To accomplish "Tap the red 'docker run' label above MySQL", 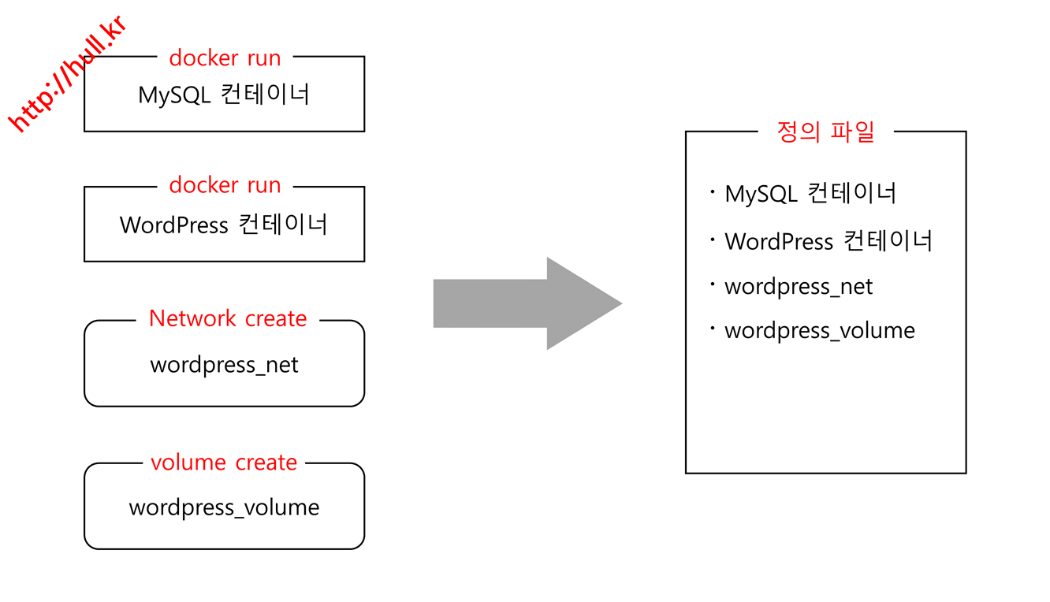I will [225, 58].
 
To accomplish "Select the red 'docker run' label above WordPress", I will [225, 185].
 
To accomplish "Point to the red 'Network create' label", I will [228, 318].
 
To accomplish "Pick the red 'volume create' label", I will [224, 463].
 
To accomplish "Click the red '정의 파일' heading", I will [825, 132].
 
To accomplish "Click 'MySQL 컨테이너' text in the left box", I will [224, 95].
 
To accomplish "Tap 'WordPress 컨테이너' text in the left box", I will [224, 225].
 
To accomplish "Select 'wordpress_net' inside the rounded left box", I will [224, 365].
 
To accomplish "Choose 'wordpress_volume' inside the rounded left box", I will [224, 507].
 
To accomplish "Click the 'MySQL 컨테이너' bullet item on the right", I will [810, 193].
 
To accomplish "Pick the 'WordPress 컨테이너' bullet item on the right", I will [828, 240].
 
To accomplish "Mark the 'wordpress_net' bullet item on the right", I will [799, 286].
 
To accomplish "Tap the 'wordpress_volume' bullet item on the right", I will [820, 330].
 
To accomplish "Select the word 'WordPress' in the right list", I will [778, 241].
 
